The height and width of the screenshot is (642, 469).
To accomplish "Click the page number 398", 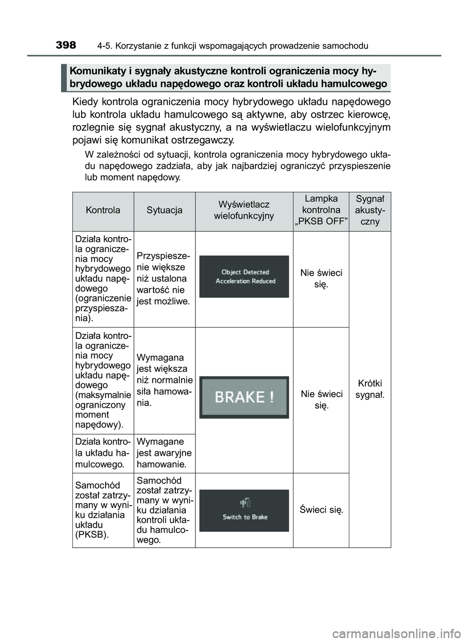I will (x=66, y=45).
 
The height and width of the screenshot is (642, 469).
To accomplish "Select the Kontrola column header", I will (x=103, y=210).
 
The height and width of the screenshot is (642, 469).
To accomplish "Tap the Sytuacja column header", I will (x=165, y=210).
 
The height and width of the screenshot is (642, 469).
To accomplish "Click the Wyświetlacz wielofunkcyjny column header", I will (x=244, y=210).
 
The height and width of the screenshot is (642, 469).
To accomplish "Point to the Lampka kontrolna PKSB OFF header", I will (x=321, y=210).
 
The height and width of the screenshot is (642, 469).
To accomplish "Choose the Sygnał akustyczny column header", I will (x=370, y=210).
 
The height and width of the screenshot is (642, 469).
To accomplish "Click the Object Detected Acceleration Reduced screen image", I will (x=244, y=277).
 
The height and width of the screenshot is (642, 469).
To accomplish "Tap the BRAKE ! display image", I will (x=244, y=397).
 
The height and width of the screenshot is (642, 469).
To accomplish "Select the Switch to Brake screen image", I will (x=244, y=511).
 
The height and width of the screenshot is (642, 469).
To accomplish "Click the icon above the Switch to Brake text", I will (x=245, y=503).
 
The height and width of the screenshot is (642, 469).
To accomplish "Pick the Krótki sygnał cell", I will (x=370, y=389).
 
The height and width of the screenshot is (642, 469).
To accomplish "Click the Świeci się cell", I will (x=321, y=509).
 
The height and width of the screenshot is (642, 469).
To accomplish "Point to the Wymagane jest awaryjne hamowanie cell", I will (x=164, y=453).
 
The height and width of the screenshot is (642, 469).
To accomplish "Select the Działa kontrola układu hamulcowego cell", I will (x=103, y=453).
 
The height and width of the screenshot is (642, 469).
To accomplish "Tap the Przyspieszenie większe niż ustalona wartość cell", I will (x=164, y=279).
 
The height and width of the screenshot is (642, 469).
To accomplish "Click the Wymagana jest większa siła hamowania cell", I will (x=164, y=380).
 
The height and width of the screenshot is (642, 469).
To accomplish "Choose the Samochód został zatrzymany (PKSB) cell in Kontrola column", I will (x=103, y=509).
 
